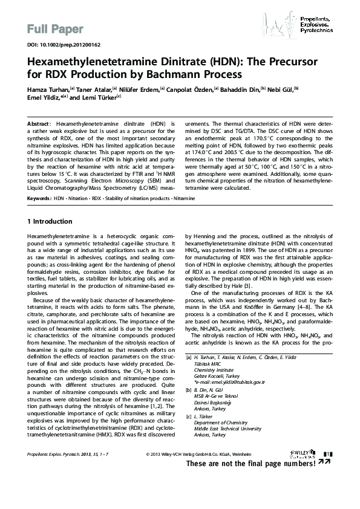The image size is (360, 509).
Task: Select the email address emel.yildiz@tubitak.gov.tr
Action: pyautogui.click(x=229, y=382)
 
